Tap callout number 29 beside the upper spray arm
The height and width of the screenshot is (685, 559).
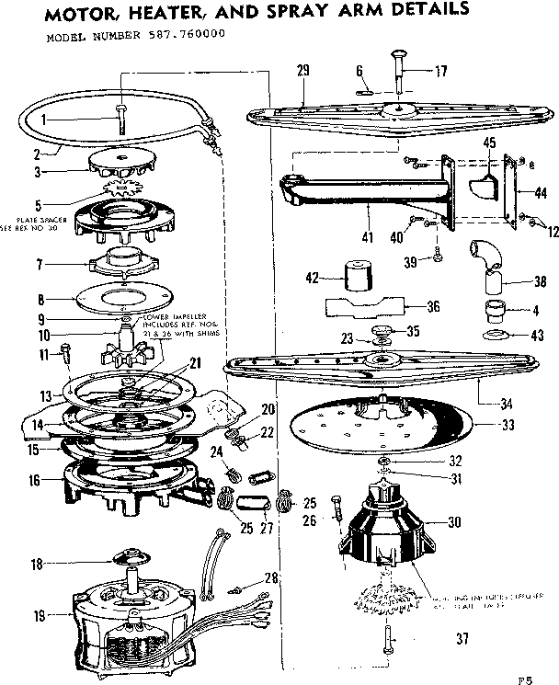pyautogui.click(x=304, y=71)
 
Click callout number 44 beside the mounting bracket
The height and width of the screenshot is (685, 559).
pyautogui.click(x=540, y=193)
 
